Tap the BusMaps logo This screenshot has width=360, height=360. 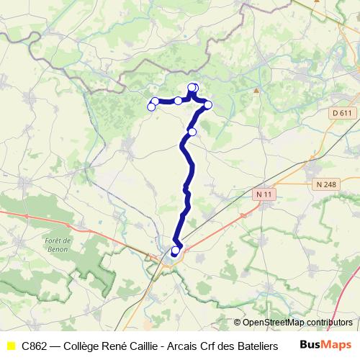click(x=325, y=346)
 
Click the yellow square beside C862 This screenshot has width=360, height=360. click(x=10, y=346)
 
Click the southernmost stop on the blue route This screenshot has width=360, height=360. click(x=175, y=251)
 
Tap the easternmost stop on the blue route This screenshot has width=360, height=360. click(x=208, y=105)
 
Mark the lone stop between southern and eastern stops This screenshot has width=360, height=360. click(x=192, y=132)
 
